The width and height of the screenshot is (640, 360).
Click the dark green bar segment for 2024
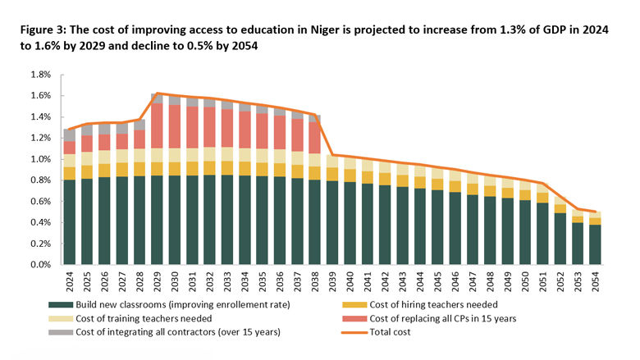[x=70, y=221]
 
